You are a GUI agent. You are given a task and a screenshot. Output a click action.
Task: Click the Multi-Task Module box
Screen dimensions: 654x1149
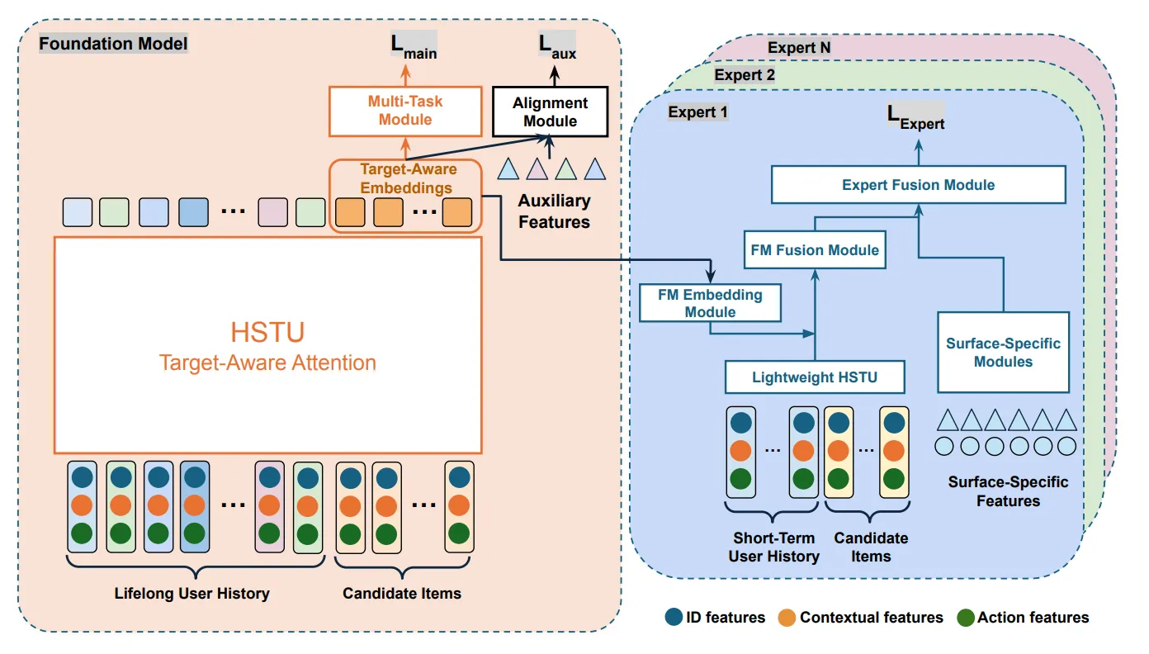click(404, 111)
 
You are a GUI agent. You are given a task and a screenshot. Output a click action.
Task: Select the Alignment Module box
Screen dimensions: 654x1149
click(550, 111)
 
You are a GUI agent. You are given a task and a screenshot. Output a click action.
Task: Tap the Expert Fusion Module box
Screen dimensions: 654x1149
click(918, 185)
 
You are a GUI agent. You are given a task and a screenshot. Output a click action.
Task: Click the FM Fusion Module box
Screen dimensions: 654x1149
click(815, 249)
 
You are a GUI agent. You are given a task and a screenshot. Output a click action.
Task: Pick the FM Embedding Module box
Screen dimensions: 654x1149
click(710, 303)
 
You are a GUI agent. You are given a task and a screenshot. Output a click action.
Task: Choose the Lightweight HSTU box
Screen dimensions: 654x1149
click(814, 377)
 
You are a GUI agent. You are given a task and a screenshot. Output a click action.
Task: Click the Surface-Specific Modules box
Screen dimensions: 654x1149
click(1003, 353)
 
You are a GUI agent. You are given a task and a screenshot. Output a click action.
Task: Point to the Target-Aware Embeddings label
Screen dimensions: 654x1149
click(405, 178)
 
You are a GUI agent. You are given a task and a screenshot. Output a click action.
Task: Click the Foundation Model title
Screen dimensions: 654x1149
click(114, 43)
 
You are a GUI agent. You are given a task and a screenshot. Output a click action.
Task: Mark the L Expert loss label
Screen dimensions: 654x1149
click(915, 117)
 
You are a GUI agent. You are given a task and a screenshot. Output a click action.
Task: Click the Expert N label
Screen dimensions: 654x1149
click(798, 48)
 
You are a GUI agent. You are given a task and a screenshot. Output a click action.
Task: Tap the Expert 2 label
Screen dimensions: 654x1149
click(745, 75)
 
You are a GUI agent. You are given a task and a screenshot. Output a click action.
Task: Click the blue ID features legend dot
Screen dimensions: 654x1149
click(674, 618)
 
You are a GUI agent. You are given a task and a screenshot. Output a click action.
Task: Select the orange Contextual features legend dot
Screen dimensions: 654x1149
click(787, 618)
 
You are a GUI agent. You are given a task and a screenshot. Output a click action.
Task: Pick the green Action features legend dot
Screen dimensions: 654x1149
click(965, 618)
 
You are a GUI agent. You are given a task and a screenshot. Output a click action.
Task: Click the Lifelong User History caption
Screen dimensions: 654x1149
click(191, 593)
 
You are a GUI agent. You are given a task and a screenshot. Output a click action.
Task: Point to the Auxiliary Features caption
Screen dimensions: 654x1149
click(554, 211)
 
